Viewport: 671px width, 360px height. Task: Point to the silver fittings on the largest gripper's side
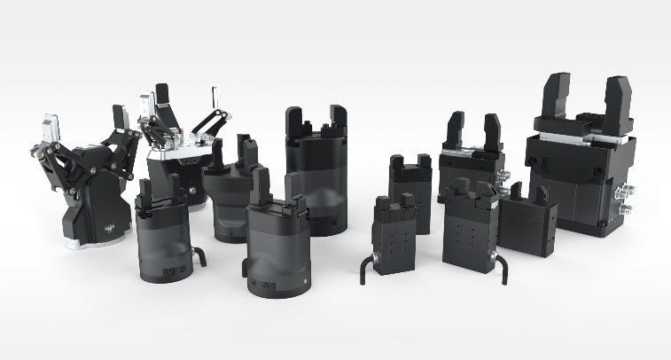tap(628, 200)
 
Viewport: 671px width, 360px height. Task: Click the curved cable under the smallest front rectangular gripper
tap(366, 265)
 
